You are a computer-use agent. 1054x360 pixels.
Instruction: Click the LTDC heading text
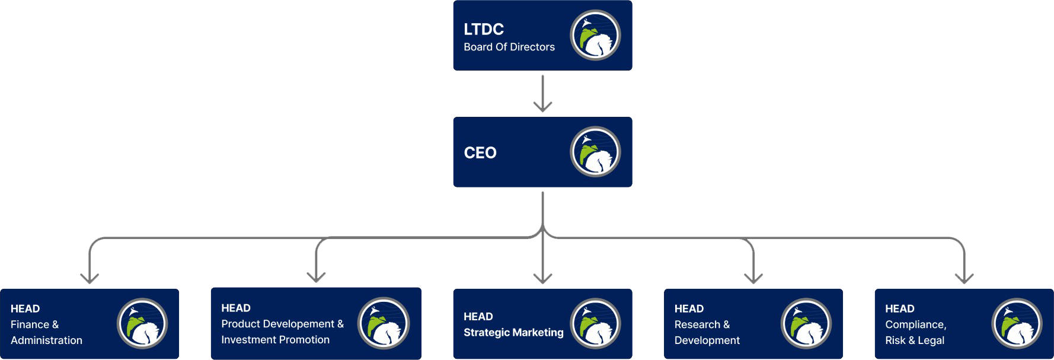coord(484,29)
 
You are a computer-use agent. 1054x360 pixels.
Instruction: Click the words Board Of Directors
coord(509,47)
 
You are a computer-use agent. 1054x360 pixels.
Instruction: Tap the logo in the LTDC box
coord(595,35)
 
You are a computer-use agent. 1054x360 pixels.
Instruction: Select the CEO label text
coord(480,152)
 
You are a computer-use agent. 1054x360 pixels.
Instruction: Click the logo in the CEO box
coord(595,152)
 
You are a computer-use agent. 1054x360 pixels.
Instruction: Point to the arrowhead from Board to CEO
coord(542,107)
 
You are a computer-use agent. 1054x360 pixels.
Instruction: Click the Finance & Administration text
coord(46,332)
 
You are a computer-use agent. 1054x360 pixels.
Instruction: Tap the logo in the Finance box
coord(142,324)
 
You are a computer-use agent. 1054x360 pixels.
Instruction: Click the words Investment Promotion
coord(275,340)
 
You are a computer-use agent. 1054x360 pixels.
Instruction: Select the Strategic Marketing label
coord(513,333)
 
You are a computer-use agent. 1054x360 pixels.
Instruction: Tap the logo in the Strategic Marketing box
coord(595,323)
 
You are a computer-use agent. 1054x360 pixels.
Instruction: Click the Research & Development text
coord(707,332)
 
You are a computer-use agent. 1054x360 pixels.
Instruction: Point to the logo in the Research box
coord(806,324)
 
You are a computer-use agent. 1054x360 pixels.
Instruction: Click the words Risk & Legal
coord(914,340)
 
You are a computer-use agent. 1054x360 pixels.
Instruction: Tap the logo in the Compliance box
coord(1017,324)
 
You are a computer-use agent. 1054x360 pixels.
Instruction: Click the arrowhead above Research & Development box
coord(753,278)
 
